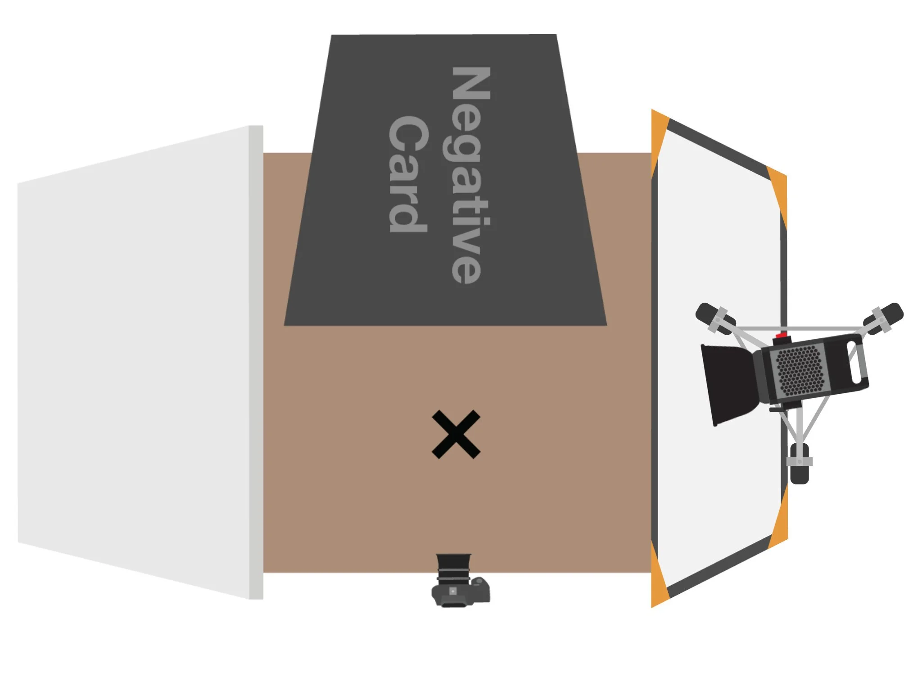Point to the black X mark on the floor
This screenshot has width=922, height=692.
(456, 434)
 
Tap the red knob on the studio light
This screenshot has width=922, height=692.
(782, 336)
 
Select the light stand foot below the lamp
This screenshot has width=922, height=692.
(799, 464)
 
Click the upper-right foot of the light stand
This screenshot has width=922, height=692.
(883, 318)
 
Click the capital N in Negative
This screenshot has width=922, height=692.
(470, 83)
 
